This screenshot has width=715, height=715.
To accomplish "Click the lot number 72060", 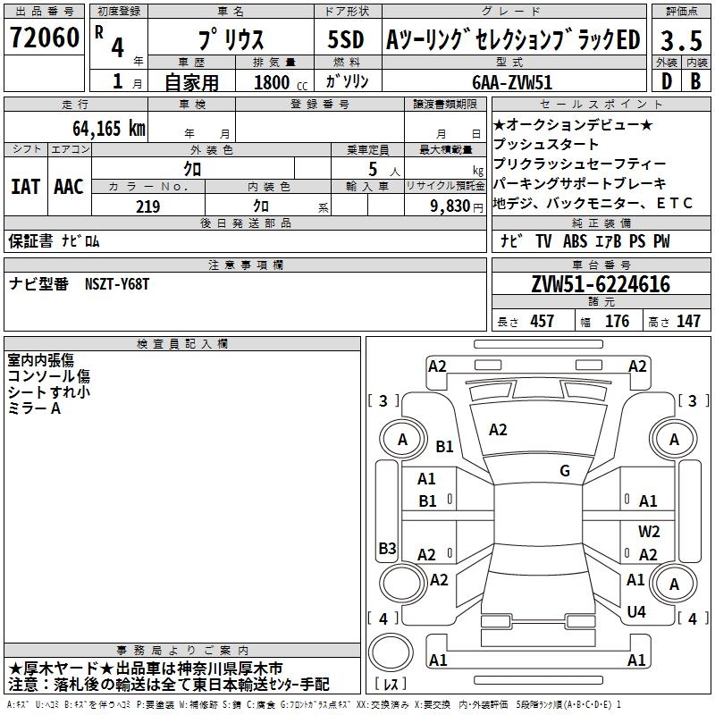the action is [44, 38].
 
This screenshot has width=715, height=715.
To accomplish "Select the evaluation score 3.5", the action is [680, 40].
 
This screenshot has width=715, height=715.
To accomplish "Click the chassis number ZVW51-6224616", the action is [601, 285].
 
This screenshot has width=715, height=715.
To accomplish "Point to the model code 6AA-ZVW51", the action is [512, 82].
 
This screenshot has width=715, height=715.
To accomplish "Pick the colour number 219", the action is [147, 206].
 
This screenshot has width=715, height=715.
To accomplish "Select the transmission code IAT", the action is [26, 186].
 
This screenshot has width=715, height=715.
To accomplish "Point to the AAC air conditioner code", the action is [69, 186].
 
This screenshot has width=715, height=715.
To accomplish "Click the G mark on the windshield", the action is [565, 471].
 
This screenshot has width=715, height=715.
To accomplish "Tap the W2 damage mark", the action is [649, 532].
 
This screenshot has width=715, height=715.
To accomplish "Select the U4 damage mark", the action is [636, 611].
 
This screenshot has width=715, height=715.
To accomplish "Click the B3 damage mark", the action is [387, 548].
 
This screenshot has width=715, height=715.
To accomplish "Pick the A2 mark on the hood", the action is [498, 430].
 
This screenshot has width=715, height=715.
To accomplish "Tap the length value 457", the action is [542, 322].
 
